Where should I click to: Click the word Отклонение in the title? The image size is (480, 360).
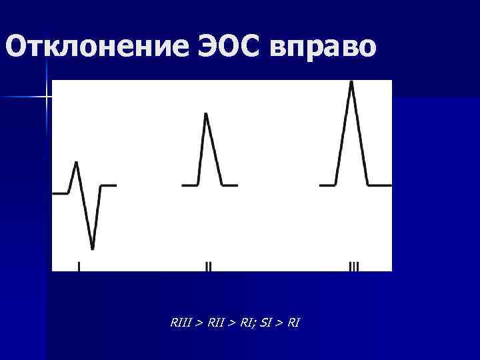pyautogui.click(x=93, y=48)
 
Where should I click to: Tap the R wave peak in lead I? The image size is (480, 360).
pyautogui.click(x=77, y=162)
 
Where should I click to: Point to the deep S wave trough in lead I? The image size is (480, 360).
pyautogui.click(x=92, y=249)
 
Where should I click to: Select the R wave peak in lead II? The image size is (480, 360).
pyautogui.click(x=206, y=114)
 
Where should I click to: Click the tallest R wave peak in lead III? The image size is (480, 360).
pyautogui.click(x=352, y=82)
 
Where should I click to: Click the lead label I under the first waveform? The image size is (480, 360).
pyautogui.click(x=79, y=267)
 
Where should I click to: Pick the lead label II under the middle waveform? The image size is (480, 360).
pyautogui.click(x=208, y=267)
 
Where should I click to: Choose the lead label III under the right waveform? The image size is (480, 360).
pyautogui.click(x=353, y=267)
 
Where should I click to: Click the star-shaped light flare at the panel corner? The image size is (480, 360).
pyautogui.click(x=47, y=97)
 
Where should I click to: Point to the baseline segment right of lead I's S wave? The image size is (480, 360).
pyautogui.click(x=108, y=185)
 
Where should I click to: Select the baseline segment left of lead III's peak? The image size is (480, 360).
pyautogui.click(x=327, y=185)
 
